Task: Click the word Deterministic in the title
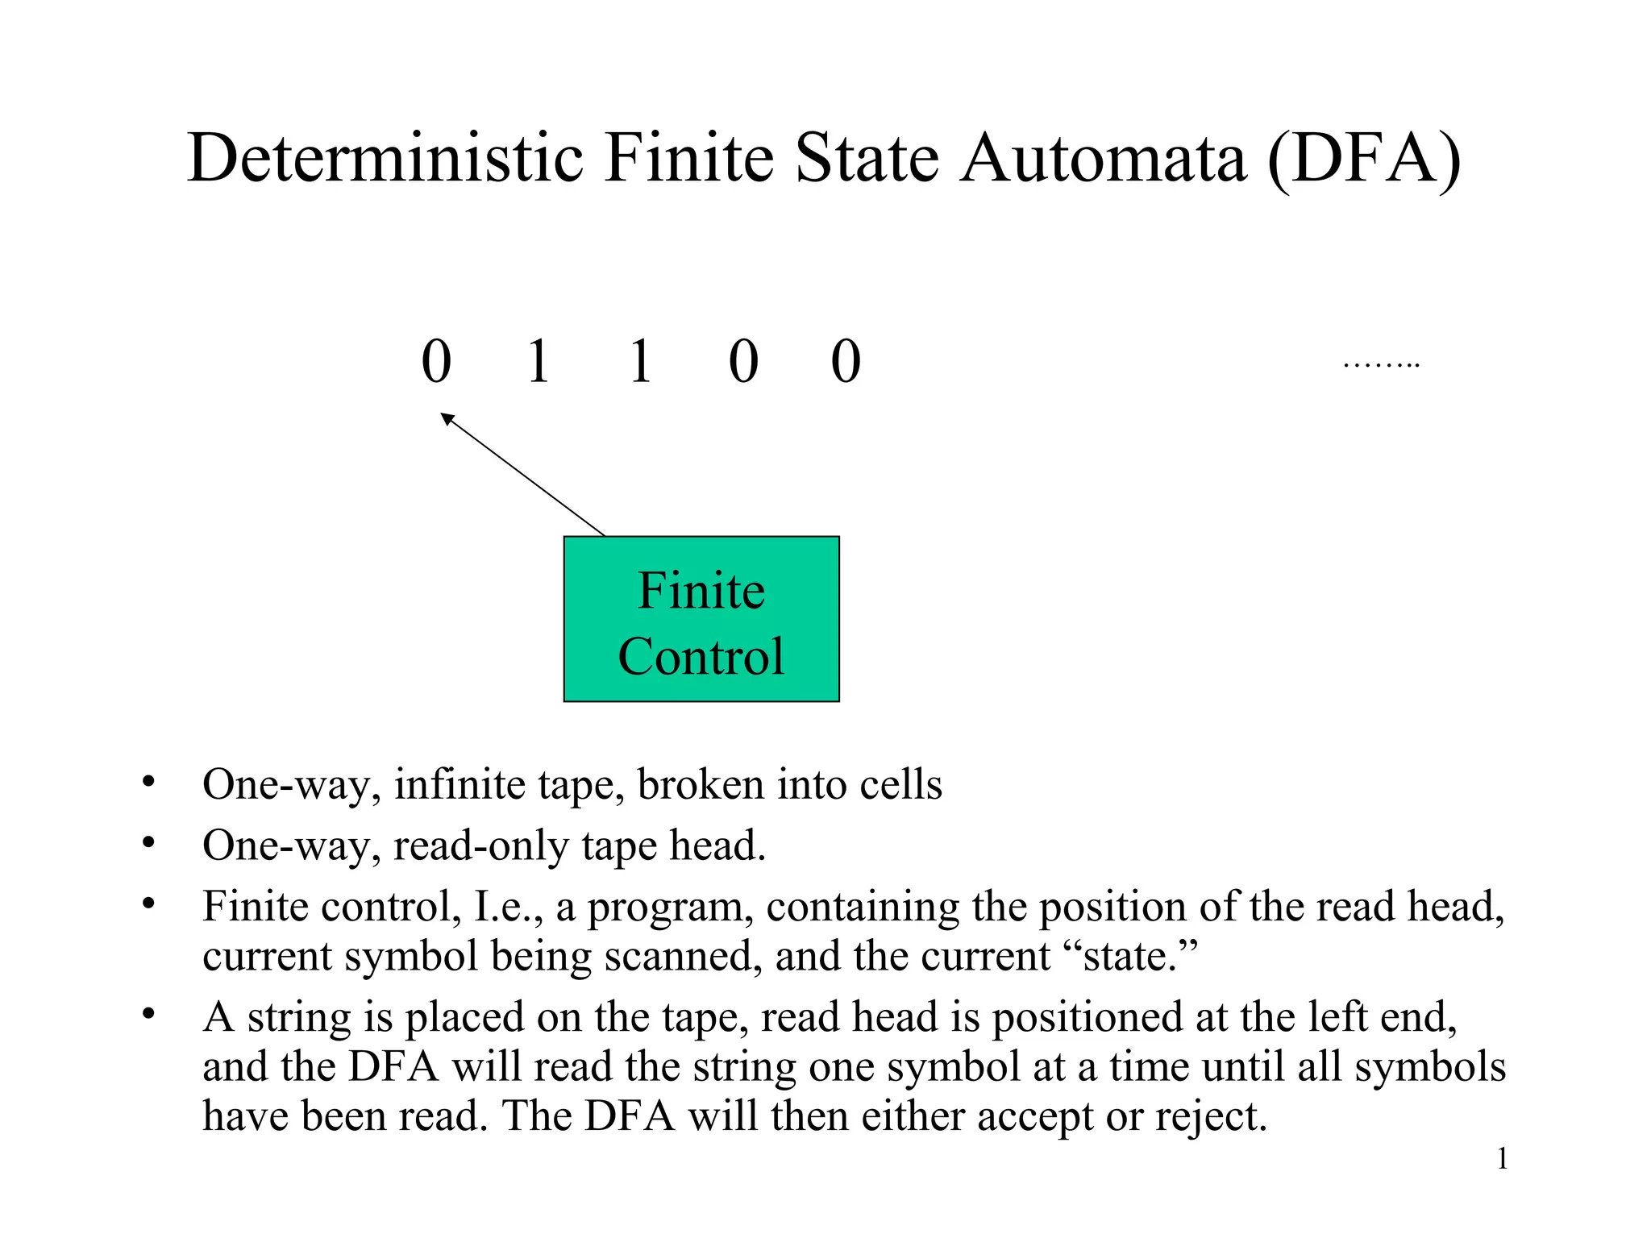click(385, 158)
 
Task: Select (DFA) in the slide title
click(1363, 160)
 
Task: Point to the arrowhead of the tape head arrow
click(446, 418)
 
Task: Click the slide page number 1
click(1502, 1159)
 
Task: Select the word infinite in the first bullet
click(459, 784)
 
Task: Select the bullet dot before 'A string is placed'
click(148, 1013)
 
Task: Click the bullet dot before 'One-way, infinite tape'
click(148, 781)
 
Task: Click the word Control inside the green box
click(701, 656)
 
